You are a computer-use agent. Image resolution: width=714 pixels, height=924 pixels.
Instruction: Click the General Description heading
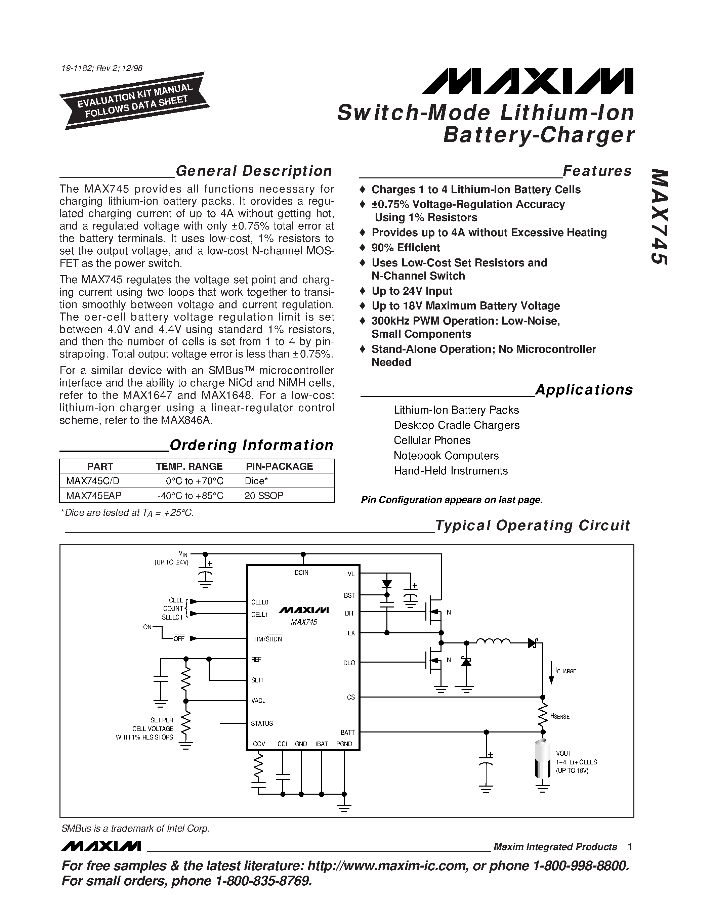pos(254,171)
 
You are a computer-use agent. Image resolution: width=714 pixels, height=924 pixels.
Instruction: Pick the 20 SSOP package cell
pos(264,495)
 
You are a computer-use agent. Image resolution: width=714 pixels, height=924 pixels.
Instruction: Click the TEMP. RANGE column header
pos(189,466)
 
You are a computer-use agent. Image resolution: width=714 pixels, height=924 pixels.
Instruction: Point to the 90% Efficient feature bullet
pos(405,248)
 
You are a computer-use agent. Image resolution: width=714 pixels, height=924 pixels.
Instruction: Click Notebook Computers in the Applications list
pos(446,456)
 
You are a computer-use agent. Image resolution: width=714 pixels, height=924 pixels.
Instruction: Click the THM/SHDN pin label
pos(266,639)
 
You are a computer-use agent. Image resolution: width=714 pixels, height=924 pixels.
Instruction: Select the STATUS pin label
pos(262,723)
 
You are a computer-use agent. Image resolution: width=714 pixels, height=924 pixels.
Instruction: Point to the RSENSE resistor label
pos(560,716)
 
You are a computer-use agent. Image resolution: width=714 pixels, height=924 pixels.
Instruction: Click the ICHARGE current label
pos(566,671)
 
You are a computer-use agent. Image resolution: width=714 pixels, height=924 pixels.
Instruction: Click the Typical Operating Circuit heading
pos(532,526)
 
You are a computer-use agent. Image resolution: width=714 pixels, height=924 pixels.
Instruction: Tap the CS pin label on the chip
pos(351,697)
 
